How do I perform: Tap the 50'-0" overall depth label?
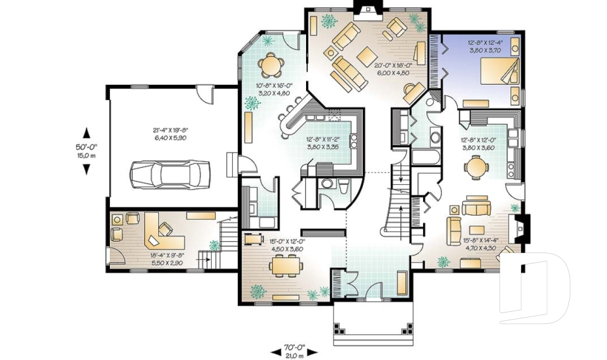coord(87,150)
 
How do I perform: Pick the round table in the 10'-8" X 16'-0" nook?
coord(271,63)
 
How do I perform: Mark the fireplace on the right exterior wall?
coord(522,229)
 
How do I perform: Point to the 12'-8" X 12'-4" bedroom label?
coord(484,46)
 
